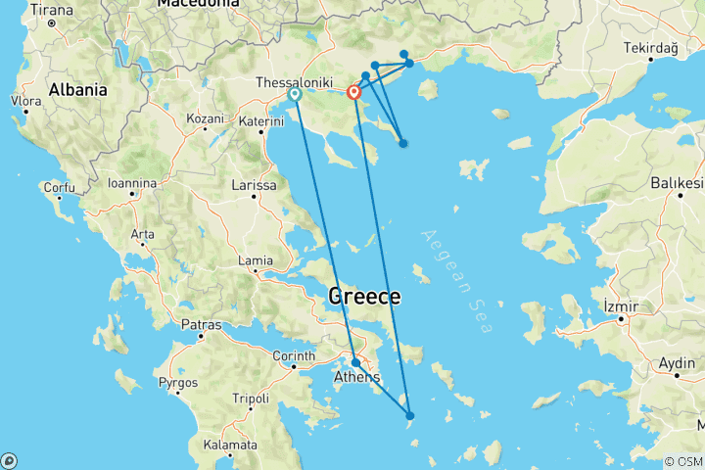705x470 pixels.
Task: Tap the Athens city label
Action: [356, 377]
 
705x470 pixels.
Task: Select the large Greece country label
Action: [364, 296]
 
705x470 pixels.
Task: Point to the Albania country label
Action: [77, 89]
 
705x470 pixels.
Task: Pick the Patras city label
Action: [203, 323]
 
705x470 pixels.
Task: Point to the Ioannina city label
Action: [132, 183]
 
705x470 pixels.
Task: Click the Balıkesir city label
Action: [678, 183]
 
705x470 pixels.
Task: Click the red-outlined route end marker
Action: [354, 93]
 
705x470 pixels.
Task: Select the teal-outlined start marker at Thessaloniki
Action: [295, 95]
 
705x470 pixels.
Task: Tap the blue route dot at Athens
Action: [355, 362]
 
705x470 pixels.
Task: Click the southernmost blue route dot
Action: [410, 416]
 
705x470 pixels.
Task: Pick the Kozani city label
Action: [206, 118]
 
